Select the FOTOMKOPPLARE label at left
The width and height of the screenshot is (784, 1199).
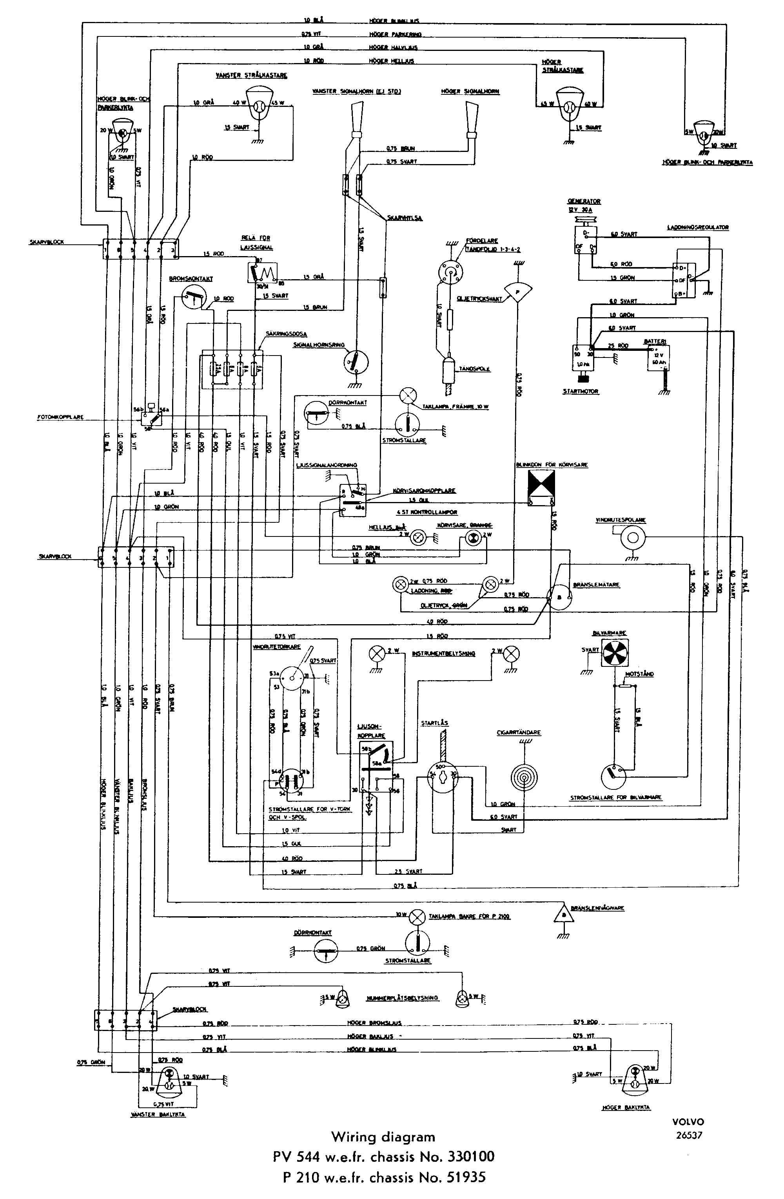click(60, 417)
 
